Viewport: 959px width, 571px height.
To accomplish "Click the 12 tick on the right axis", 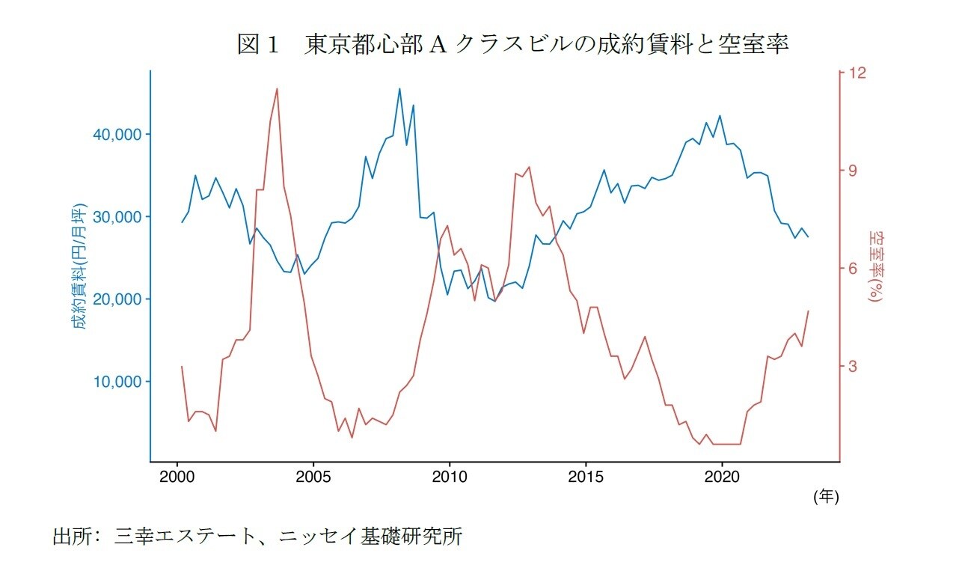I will pyautogui.click(x=857, y=73).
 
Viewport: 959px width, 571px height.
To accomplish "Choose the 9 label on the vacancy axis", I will pyautogui.click(x=853, y=171).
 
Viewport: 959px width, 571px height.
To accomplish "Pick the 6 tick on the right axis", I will pyautogui.click(x=853, y=268).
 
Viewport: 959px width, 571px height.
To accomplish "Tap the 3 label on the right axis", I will pyautogui.click(x=853, y=366).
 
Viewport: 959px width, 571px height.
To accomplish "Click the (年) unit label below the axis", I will pyautogui.click(x=826, y=496).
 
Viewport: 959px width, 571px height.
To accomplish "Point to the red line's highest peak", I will pyautogui.click(x=277, y=88).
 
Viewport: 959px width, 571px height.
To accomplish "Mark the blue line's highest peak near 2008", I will pyautogui.click(x=399, y=88).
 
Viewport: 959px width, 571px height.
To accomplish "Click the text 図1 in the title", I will pyautogui.click(x=258, y=46).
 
